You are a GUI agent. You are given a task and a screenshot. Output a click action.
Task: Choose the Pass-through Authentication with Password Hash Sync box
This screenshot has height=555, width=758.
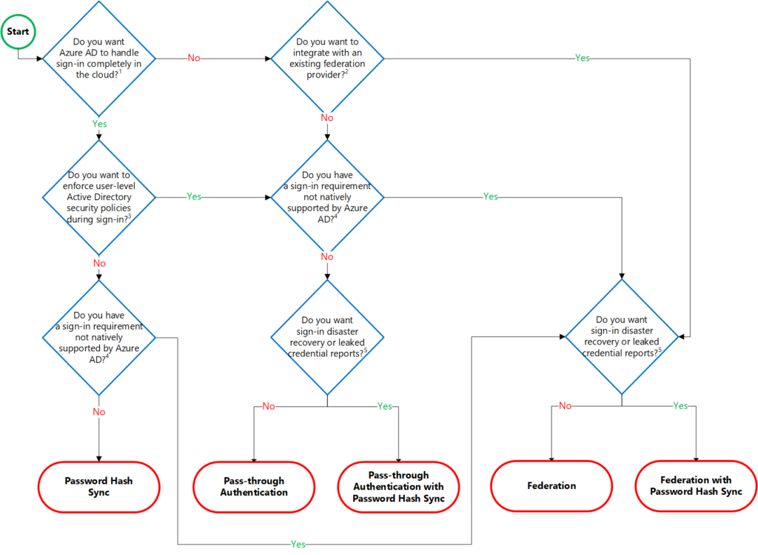(x=398, y=486)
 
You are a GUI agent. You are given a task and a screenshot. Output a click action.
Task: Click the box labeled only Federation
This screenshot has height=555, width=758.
(x=551, y=486)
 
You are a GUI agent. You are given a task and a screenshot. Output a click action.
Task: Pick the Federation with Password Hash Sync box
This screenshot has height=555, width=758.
(x=696, y=486)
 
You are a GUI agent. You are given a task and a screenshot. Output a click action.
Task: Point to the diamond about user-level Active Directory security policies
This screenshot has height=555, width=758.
(x=98, y=197)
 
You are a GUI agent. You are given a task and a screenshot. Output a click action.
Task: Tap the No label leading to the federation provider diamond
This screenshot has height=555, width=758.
(x=193, y=58)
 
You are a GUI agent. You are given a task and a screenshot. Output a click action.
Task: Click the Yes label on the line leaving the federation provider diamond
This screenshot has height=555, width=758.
(x=582, y=58)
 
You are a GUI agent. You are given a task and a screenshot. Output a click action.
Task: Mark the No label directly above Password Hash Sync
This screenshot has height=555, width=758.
(x=98, y=411)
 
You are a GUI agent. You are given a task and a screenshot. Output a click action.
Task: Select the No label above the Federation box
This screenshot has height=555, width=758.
(x=565, y=405)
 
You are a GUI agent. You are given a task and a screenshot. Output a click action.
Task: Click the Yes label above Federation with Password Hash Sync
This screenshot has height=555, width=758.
(x=680, y=405)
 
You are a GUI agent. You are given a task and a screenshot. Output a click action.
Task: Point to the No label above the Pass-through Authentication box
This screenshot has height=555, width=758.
(x=268, y=405)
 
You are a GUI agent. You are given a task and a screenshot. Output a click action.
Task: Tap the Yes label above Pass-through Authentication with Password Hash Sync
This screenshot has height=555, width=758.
(x=385, y=405)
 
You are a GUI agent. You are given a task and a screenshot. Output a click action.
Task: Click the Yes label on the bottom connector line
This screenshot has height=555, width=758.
(x=298, y=544)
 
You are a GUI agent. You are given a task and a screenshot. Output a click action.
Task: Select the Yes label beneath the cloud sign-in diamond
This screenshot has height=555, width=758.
(x=98, y=124)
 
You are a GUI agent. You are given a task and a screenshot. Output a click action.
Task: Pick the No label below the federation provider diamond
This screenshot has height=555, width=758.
(x=327, y=118)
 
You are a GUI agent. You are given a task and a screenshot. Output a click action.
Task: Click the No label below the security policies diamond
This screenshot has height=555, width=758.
(x=98, y=263)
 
